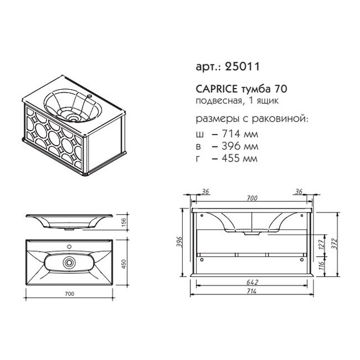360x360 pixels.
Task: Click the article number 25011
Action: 243,66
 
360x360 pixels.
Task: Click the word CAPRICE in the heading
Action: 216,89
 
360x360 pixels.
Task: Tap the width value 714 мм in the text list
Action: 240,133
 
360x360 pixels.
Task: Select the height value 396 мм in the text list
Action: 240,146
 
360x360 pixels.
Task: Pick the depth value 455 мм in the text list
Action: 239,158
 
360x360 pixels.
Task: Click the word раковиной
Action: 280,119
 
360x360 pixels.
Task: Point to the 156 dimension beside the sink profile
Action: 123,222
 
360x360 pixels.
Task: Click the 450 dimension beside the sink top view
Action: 123,264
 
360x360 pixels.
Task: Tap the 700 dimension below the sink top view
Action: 70,294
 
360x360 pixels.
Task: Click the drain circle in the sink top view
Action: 69,262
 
